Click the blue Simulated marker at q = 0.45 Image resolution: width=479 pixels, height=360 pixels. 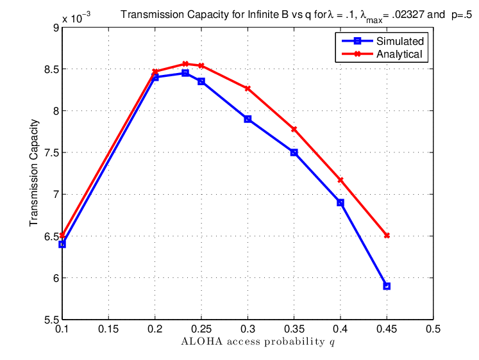(387, 286)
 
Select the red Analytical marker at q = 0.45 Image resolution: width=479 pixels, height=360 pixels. (387, 236)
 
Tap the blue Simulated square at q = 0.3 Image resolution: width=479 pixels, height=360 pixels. (248, 119)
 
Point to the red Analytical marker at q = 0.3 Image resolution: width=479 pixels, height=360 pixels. (248, 89)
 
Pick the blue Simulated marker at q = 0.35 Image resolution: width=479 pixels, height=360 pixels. (294, 152)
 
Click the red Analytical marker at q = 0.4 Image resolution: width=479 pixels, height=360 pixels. (340, 180)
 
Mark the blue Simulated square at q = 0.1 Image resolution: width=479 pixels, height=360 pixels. (62, 244)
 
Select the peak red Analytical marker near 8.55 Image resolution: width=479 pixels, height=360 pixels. (185, 64)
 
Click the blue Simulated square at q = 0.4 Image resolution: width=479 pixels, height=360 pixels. (340, 202)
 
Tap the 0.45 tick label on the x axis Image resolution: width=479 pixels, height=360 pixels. (387, 329)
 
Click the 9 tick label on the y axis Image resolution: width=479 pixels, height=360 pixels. (56, 28)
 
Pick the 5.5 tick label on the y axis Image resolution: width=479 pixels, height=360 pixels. (51, 320)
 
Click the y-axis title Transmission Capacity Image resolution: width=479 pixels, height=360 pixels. (34, 173)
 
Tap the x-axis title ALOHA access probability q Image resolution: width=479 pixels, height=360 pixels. (258, 341)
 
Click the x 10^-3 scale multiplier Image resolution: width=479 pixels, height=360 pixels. (76, 18)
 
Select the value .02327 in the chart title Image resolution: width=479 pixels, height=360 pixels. (407, 15)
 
